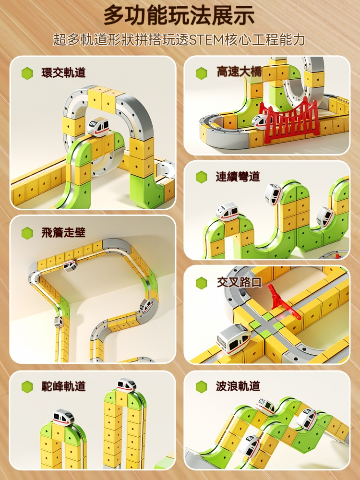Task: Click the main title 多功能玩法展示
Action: [179, 15]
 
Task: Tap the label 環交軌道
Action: [63, 73]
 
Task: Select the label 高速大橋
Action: [239, 72]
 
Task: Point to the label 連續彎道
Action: [238, 177]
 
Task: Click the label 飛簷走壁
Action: [63, 233]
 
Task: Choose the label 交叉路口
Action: [239, 282]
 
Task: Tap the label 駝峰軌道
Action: [63, 386]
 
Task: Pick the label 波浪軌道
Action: [238, 386]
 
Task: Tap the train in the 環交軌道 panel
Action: [98, 126]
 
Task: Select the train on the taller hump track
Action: [127, 385]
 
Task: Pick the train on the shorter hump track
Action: [64, 417]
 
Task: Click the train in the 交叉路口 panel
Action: [233, 339]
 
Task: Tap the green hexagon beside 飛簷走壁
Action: [27, 233]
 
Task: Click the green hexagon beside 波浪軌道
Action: [202, 386]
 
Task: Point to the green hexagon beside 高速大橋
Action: [202, 73]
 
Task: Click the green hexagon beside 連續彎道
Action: [202, 177]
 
